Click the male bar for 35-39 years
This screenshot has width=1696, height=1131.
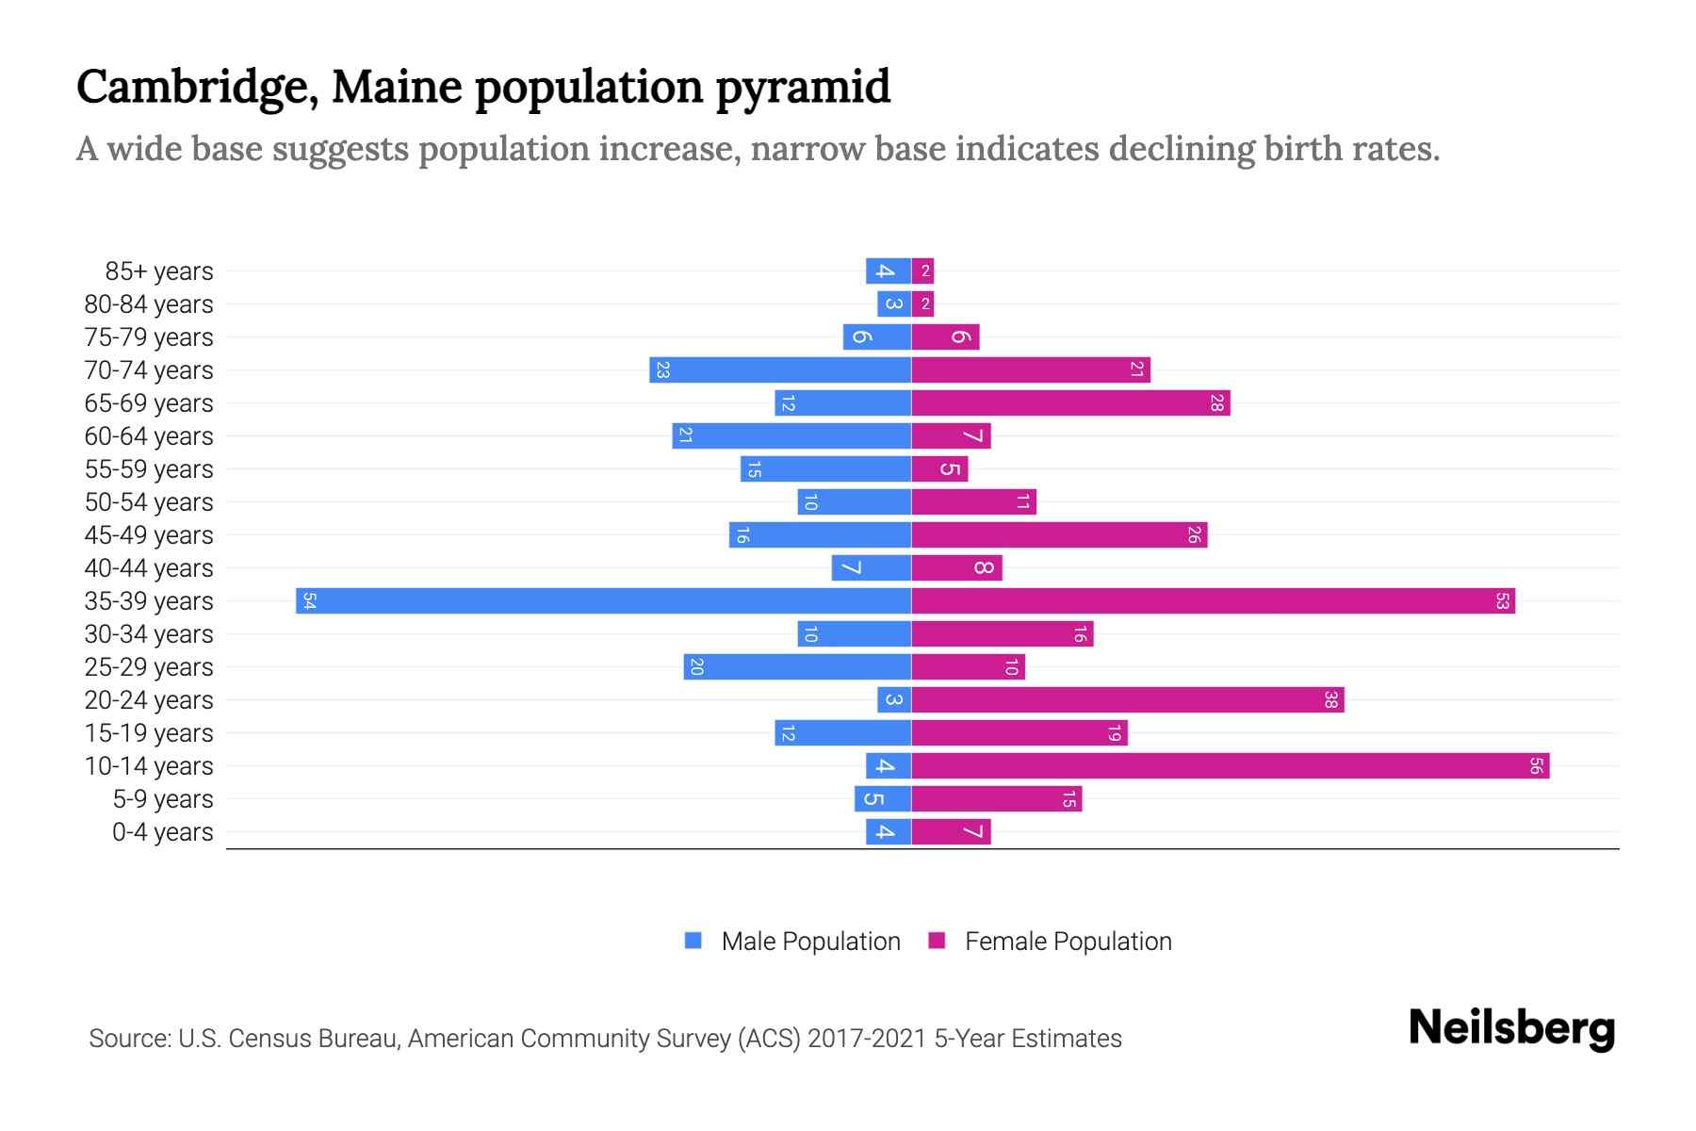coord(603,600)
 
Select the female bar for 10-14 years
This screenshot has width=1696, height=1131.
coord(1230,765)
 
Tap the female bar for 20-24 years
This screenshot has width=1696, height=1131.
coord(1127,699)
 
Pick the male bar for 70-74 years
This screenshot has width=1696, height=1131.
coord(780,369)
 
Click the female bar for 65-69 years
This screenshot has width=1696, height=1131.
coord(1070,402)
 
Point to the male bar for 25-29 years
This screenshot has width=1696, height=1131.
coord(797,666)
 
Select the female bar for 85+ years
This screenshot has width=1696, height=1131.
coord(922,270)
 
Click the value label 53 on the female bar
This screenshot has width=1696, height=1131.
coord(1502,600)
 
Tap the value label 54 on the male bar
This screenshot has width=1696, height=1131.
coord(309,600)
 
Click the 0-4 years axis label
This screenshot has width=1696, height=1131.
coord(162,832)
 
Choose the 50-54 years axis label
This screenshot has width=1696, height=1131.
coord(149,502)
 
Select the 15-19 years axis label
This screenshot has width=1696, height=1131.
coord(149,733)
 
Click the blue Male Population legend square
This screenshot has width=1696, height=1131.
coord(693,941)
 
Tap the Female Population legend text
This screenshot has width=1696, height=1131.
coord(1068,942)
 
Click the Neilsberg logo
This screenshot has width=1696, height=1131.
coord(1511,1027)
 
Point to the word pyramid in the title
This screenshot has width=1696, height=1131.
coord(802,87)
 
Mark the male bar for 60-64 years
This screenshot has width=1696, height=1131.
coord(791,435)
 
